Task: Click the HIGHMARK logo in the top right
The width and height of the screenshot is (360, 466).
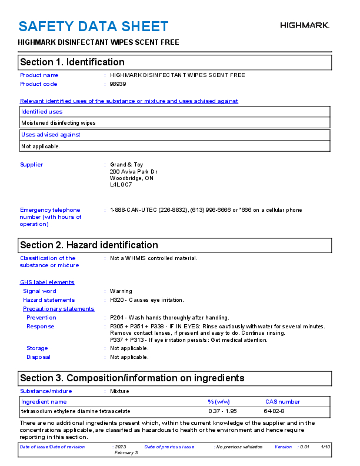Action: click(x=304, y=25)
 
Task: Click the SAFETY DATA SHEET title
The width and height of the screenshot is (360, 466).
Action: click(x=94, y=26)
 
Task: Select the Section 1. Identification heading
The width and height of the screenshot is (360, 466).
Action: click(x=72, y=62)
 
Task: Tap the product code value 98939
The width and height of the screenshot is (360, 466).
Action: click(x=118, y=84)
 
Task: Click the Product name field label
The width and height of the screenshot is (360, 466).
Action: click(x=39, y=75)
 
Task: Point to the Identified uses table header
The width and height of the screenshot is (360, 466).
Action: click(x=42, y=112)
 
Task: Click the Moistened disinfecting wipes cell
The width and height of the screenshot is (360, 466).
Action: click(x=58, y=123)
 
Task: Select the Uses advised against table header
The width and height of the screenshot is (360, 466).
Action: click(x=51, y=135)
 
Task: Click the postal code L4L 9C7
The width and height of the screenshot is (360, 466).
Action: click(x=121, y=185)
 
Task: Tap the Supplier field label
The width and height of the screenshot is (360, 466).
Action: click(x=32, y=165)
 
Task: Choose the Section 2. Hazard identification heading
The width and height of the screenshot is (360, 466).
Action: click(x=89, y=245)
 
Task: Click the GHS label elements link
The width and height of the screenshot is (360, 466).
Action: click(x=47, y=282)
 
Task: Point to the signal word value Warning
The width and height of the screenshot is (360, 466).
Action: click(x=121, y=291)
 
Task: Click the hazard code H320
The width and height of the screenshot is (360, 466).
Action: click(x=116, y=300)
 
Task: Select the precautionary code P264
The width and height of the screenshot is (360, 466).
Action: click(x=116, y=318)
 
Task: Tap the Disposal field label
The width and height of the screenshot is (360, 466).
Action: click(x=38, y=357)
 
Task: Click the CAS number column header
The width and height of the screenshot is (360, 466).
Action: click(x=282, y=402)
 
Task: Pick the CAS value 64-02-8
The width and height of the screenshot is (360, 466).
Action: click(x=274, y=411)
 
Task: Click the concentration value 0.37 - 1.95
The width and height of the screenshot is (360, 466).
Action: click(x=222, y=411)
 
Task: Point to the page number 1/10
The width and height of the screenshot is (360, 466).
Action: click(x=326, y=447)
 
